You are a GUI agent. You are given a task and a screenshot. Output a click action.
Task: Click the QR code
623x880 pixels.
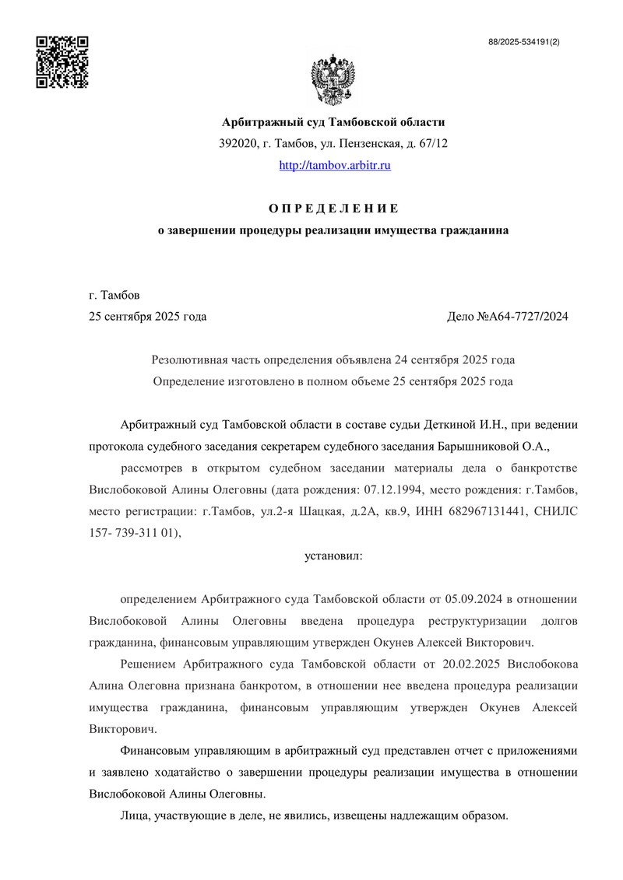click(x=63, y=61)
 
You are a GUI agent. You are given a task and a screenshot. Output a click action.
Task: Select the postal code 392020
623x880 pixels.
click(x=238, y=144)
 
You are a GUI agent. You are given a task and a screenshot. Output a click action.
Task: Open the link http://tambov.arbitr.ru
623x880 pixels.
click(x=334, y=166)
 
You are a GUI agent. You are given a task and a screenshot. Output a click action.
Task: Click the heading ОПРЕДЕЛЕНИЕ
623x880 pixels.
click(x=333, y=209)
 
